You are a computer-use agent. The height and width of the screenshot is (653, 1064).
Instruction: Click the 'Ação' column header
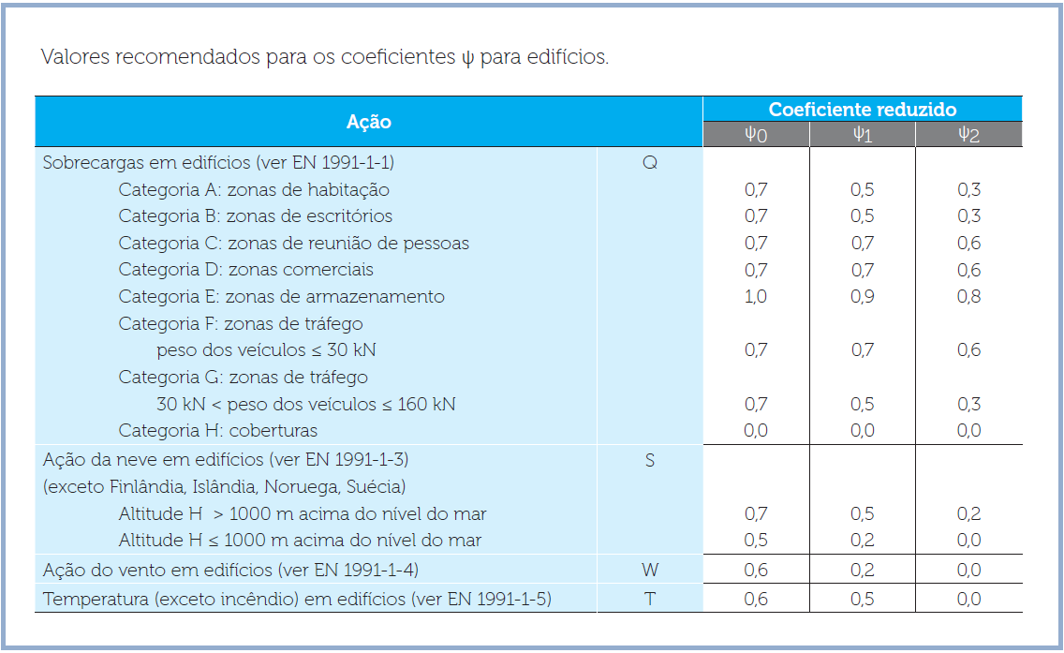pos(369,122)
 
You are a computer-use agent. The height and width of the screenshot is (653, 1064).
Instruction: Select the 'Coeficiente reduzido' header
pos(862,110)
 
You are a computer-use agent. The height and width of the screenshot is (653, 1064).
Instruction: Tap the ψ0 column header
pos(756,135)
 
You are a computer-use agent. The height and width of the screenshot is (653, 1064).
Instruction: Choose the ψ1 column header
pos(862,135)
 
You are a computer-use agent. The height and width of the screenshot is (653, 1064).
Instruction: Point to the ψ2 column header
pos(968,135)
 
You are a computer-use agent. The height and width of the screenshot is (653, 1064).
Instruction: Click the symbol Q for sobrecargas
pos(649,162)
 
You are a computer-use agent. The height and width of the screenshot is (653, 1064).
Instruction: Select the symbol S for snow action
pos(649,460)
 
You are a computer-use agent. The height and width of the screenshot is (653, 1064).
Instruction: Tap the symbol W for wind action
pos(649,570)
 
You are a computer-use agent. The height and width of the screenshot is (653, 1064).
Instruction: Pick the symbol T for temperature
pos(649,599)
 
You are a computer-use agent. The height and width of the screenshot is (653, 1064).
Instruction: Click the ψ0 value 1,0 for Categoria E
pos(756,297)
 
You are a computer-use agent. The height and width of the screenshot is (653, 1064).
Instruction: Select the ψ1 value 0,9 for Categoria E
pos(862,297)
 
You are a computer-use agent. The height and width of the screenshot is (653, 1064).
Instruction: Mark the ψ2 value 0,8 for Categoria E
pos(968,297)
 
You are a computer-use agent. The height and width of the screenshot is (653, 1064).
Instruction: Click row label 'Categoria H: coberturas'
pos(217,431)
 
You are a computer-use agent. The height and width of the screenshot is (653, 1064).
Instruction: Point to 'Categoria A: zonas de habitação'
pos(253,189)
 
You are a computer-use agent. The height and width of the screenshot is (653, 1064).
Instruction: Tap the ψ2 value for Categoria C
pos(968,244)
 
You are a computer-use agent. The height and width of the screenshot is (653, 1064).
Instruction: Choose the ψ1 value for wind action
pos(862,570)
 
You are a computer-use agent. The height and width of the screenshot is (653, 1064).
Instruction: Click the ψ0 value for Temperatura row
pos(756,599)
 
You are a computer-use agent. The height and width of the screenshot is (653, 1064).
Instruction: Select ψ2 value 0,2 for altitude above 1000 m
pos(968,513)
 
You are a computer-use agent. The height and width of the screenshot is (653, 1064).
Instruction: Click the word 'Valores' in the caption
pos(75,57)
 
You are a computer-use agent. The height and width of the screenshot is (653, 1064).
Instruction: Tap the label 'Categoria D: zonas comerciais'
pos(245,270)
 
